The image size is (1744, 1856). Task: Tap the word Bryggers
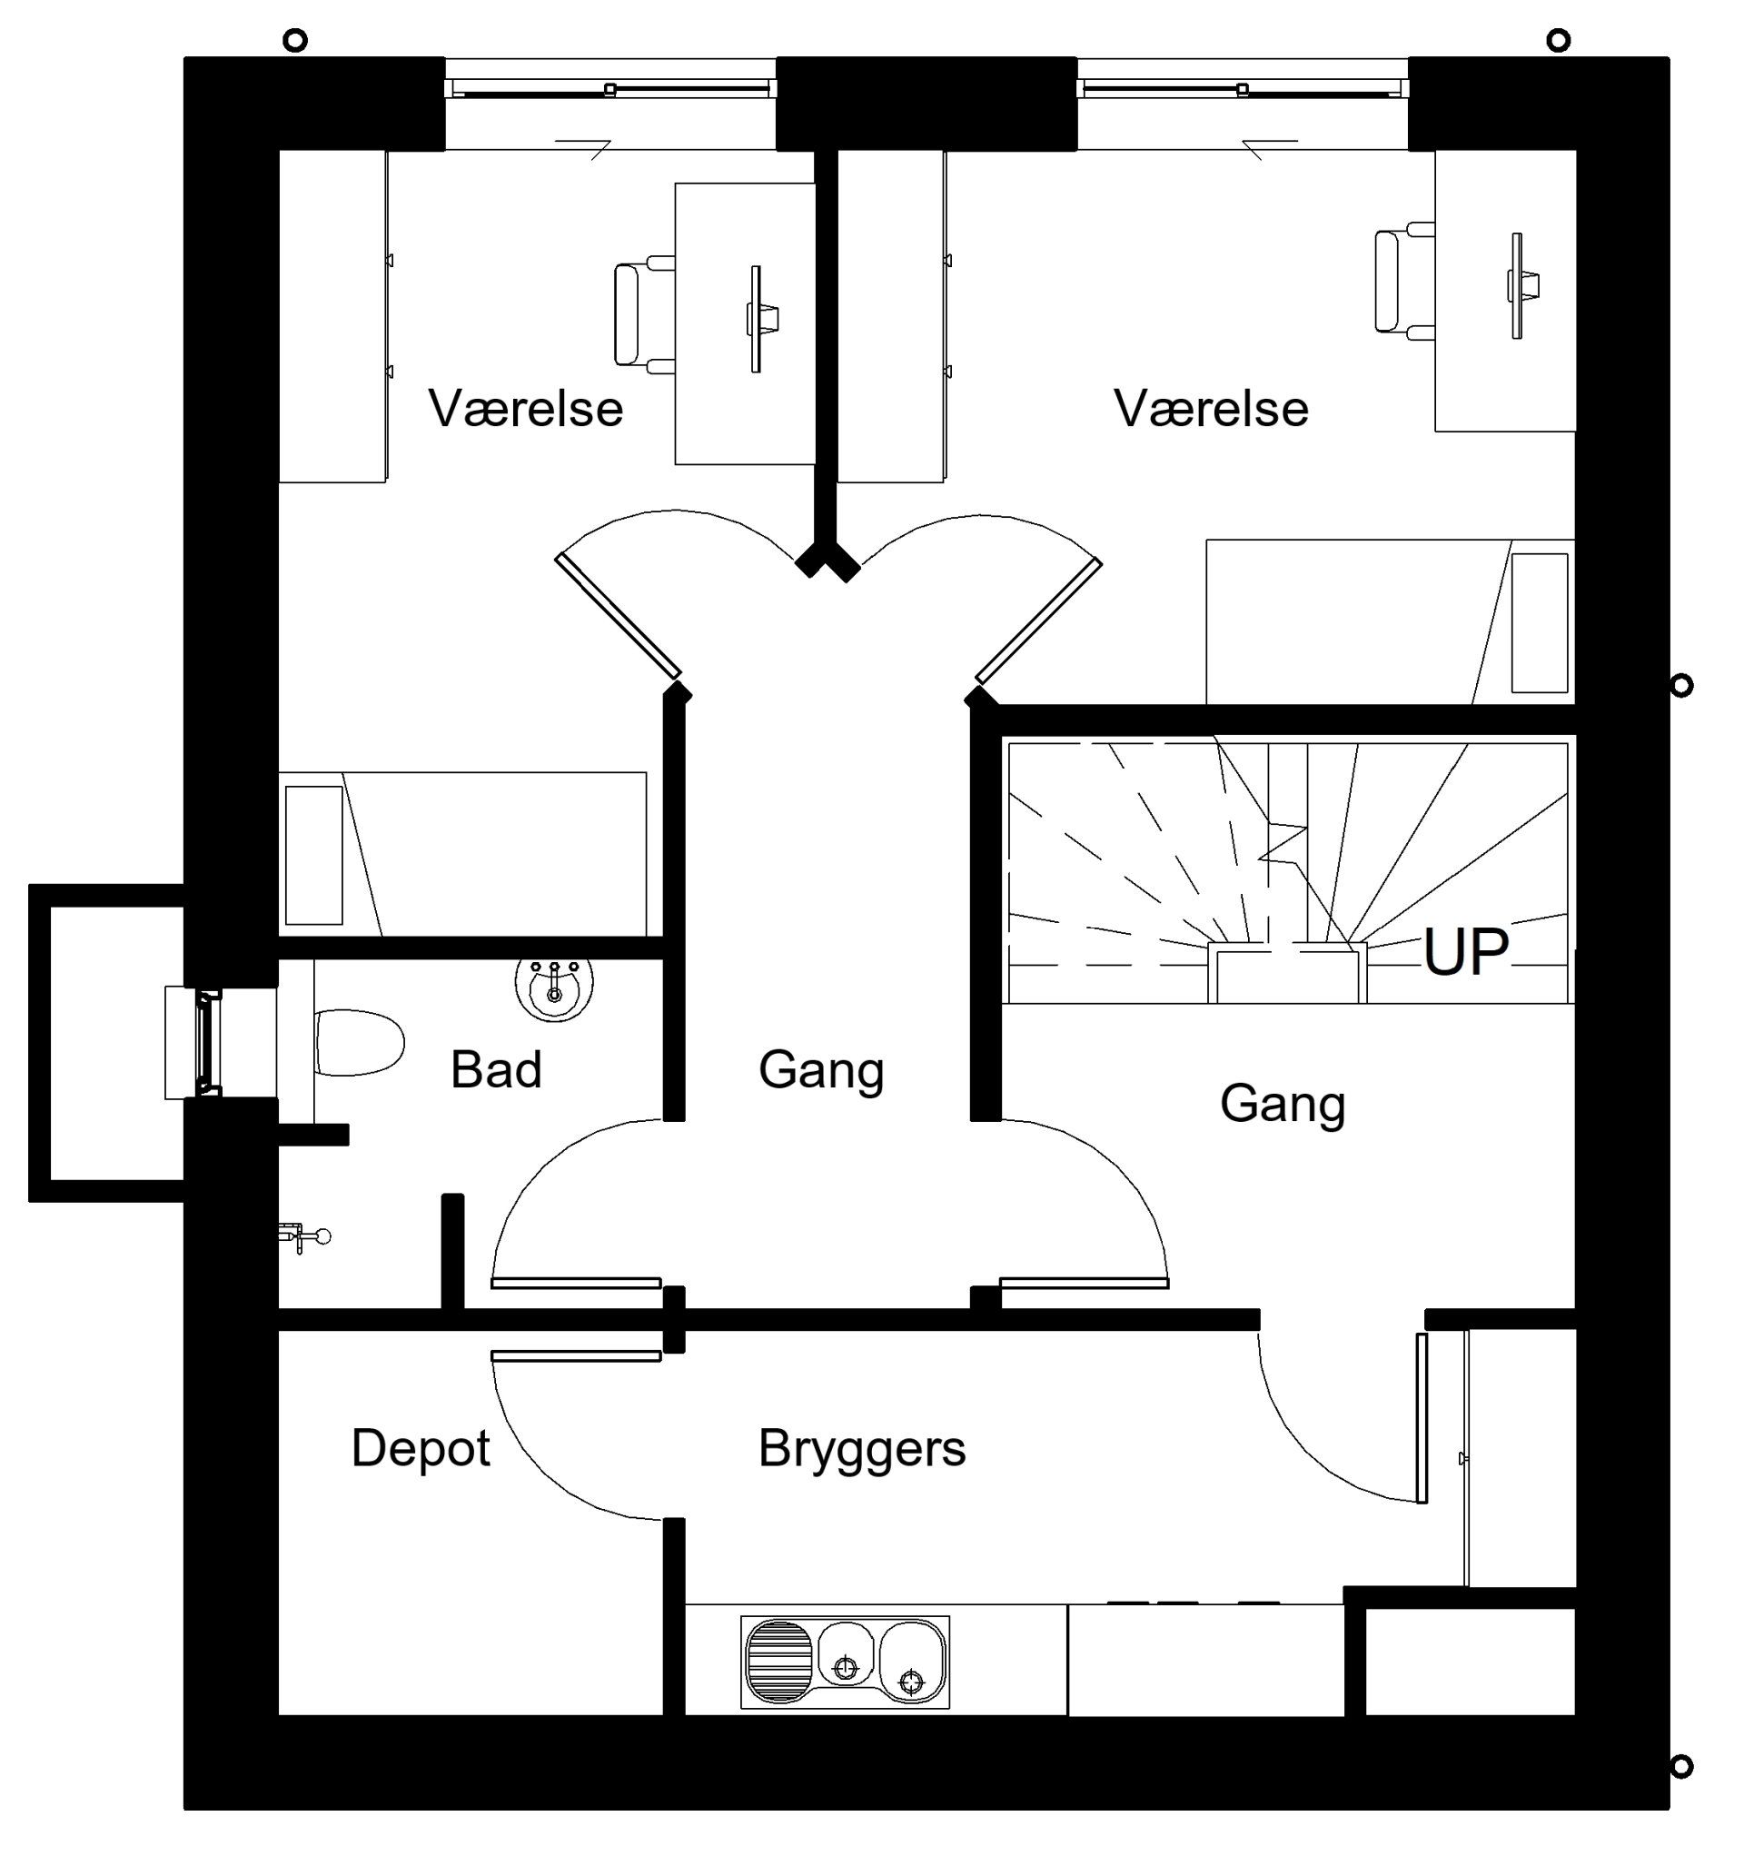pos(862,1450)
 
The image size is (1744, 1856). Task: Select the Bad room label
pos(496,1069)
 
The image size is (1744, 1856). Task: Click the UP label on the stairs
pos(1465,951)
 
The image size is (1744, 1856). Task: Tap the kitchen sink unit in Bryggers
pos(845,1663)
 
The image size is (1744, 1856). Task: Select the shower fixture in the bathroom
pos(304,1237)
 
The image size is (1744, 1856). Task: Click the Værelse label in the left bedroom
pos(526,408)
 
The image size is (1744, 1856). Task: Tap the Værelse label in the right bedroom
pos(1211,408)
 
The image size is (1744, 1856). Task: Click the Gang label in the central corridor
pos(820,1071)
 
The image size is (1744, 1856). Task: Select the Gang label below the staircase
pos(1283,1105)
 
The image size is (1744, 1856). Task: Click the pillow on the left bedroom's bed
pos(313,855)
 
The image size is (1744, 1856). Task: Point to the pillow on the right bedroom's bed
pos(1540,622)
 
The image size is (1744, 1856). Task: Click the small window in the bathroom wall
pos(206,1042)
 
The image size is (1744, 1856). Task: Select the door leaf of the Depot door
pos(576,1355)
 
